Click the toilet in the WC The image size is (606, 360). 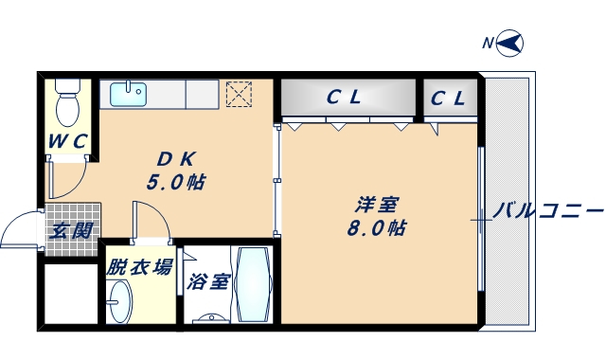67,103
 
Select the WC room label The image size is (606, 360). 68,142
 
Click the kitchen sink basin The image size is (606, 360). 128,94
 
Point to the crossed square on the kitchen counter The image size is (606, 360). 240,94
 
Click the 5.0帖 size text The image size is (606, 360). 176,181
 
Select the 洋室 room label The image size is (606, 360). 376,205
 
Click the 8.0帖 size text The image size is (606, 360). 376,228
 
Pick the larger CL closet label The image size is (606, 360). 345,97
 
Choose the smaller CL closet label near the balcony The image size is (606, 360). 448,98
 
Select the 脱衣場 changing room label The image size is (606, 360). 139,267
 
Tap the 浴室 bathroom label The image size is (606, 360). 207,282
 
